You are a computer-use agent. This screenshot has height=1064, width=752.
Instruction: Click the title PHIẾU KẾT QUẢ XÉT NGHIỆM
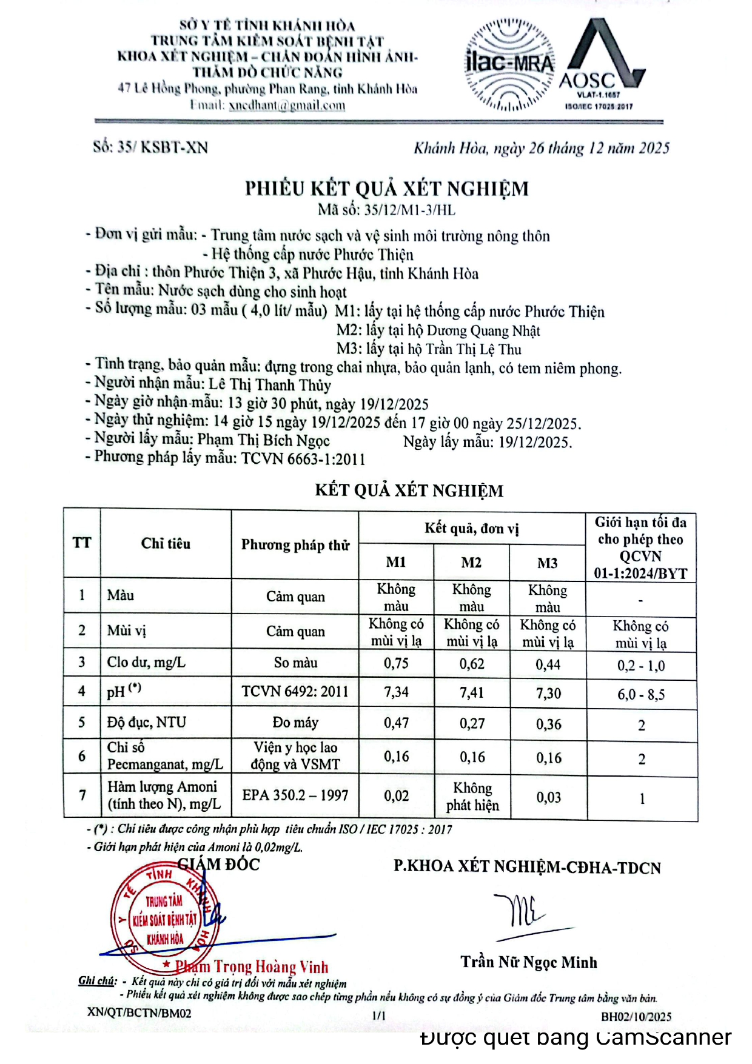(x=387, y=189)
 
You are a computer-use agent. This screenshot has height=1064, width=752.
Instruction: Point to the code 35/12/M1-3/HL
(x=409, y=210)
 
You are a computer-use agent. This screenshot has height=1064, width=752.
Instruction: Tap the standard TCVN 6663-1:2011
(x=303, y=458)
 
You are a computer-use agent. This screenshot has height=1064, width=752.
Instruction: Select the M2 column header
(x=471, y=563)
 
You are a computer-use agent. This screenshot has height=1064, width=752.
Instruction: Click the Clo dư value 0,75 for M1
(x=396, y=663)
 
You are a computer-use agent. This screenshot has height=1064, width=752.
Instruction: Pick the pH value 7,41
(x=472, y=692)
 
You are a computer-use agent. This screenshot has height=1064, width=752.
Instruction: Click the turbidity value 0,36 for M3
(x=548, y=724)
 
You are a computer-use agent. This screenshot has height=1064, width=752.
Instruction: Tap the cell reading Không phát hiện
(x=472, y=796)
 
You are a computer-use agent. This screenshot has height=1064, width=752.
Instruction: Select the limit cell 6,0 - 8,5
(x=641, y=694)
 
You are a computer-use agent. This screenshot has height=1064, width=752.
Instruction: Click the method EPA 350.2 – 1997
(x=295, y=795)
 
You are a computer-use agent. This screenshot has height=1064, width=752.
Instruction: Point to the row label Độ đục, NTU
(x=147, y=722)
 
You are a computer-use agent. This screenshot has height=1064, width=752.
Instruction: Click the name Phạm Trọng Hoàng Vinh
(x=252, y=966)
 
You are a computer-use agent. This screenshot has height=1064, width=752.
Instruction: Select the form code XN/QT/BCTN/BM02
(x=139, y=1012)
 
